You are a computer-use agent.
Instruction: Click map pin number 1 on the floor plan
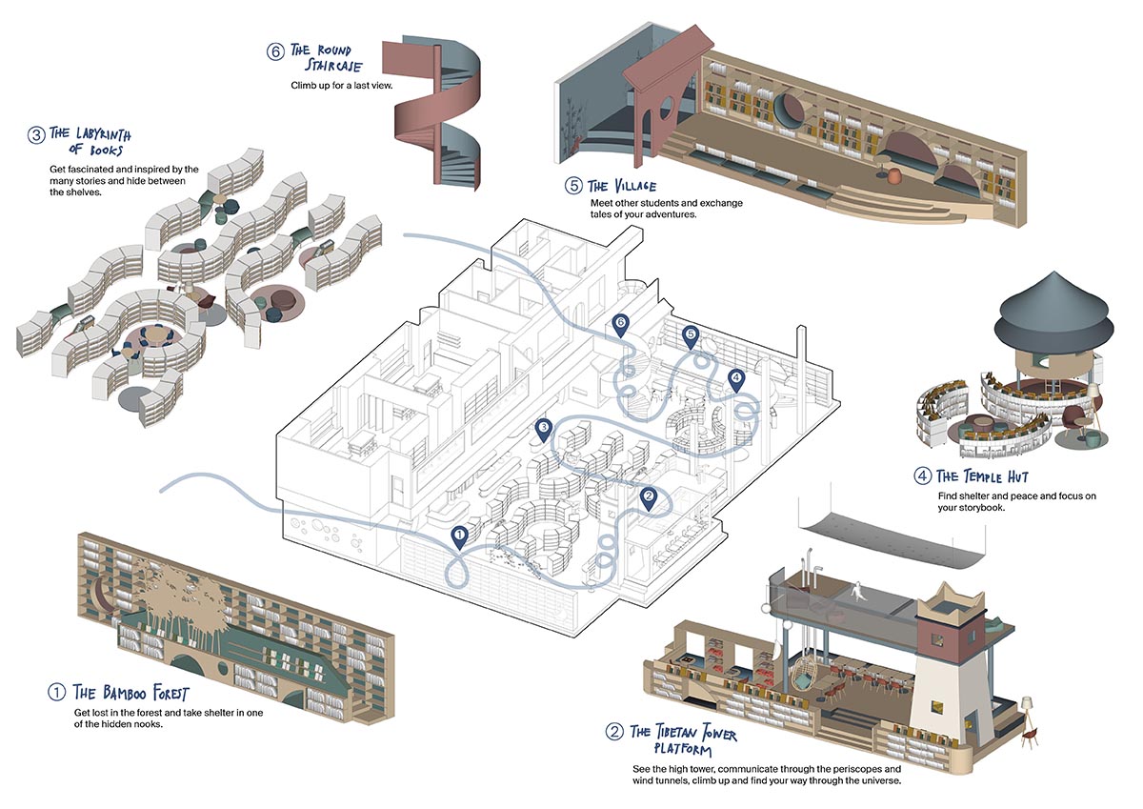click(x=459, y=537)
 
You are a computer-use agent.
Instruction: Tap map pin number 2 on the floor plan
click(x=649, y=496)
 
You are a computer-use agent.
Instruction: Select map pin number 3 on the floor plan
click(x=543, y=428)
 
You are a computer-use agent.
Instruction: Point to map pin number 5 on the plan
click(x=692, y=334)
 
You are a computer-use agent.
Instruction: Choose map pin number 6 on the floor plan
click(x=621, y=324)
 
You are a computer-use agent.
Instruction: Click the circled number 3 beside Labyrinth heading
click(x=36, y=134)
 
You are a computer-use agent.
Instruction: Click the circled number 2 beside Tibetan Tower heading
click(x=614, y=732)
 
